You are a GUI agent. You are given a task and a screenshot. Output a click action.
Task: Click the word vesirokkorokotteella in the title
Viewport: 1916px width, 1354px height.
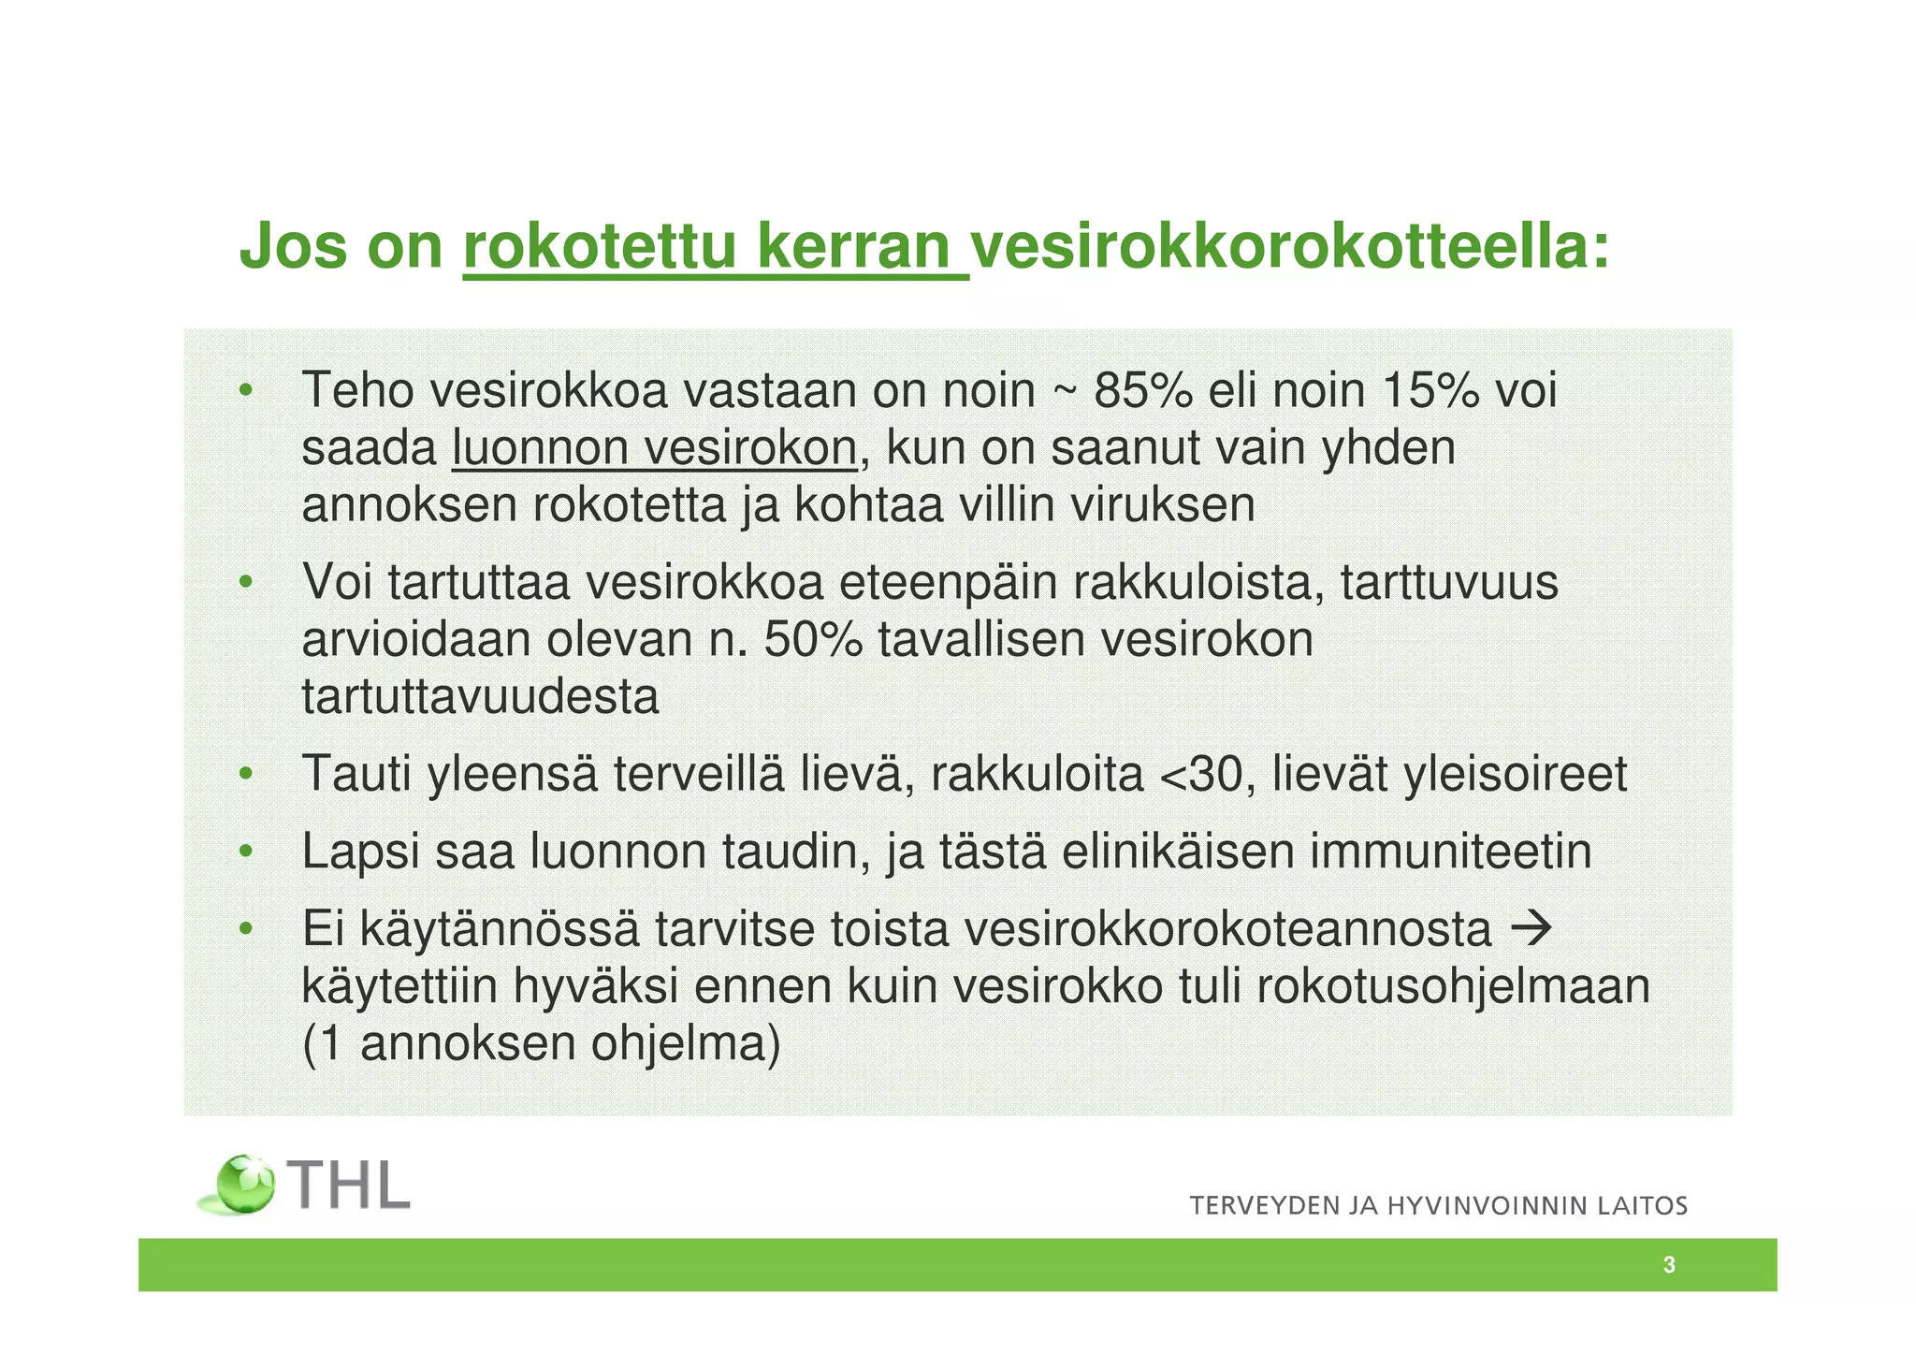point(1289,247)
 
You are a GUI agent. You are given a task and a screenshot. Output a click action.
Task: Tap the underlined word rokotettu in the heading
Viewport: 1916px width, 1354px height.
point(600,247)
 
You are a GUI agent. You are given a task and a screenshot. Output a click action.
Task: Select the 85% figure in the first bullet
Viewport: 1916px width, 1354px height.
point(1143,390)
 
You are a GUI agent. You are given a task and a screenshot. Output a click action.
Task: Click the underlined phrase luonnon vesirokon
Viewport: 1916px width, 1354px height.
point(654,448)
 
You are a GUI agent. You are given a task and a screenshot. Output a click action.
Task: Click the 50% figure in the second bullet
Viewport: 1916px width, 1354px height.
point(813,640)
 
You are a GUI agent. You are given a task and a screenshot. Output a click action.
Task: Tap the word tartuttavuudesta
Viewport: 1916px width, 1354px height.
point(480,697)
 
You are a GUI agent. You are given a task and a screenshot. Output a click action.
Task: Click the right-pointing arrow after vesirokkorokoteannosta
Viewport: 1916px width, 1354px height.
point(1532,928)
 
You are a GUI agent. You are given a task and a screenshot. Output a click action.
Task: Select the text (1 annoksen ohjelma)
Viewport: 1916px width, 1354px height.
point(541,1043)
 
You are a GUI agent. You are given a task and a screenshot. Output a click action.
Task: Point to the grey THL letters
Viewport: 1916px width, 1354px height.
point(349,1186)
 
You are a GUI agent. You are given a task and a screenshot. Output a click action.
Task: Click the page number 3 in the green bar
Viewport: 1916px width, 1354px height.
point(1669,1265)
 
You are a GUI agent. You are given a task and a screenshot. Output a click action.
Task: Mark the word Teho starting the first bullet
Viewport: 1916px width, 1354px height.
point(357,390)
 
